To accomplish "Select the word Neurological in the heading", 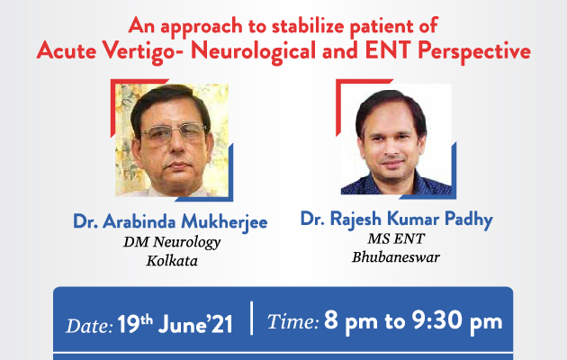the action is pos(253,51).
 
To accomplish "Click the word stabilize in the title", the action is pos(308,26).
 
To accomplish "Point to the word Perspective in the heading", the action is pos(474,51).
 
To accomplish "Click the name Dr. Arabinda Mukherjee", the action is pos(170,221).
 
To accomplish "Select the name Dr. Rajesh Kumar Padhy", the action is pos(397,219).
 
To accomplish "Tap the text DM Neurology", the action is pos(172,242).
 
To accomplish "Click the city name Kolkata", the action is pos(172,261).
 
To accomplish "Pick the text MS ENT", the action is pos(396,238).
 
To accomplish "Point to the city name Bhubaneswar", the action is pos(396,257).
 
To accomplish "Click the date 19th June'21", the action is pos(175,324).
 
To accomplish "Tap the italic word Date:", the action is pos(89,326).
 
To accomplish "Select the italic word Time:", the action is pos(292,321).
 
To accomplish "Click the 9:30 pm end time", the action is pos(456,321).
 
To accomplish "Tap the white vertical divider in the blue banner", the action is pos(252,318).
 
